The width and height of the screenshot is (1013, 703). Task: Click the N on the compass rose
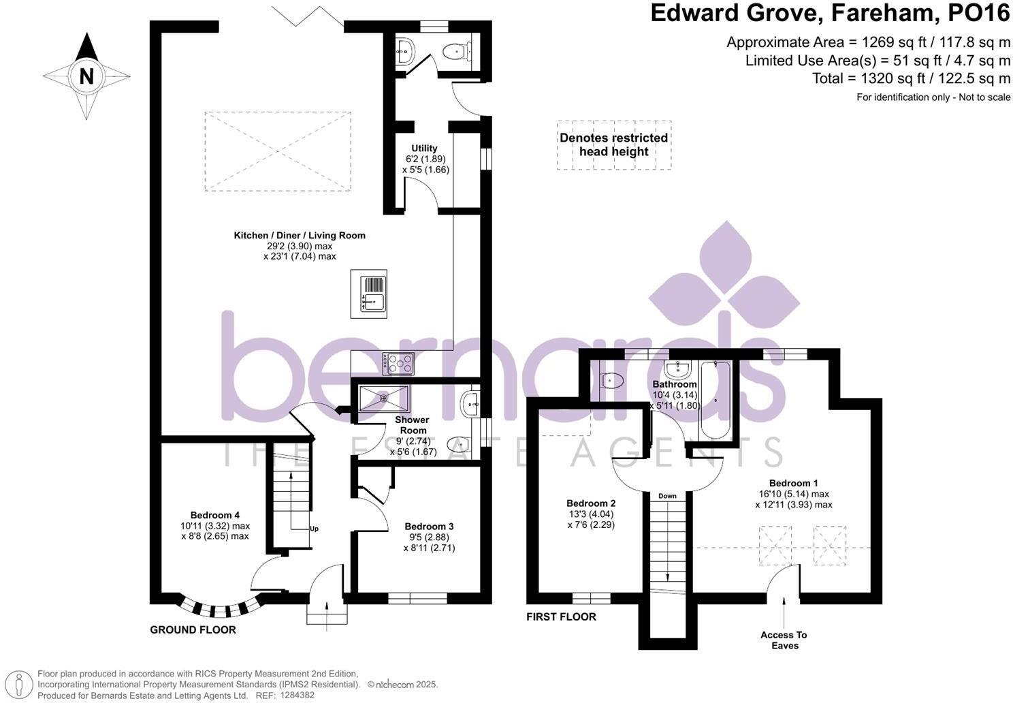pos(86,76)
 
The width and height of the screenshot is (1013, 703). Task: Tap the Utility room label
pos(424,149)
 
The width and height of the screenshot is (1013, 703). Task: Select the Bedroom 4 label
pos(215,515)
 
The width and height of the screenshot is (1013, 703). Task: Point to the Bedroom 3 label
pos(429,526)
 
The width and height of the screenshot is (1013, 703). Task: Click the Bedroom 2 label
pos(591,503)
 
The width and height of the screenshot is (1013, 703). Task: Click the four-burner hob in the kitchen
pos(398,364)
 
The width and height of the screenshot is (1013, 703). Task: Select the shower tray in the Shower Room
pos(383,398)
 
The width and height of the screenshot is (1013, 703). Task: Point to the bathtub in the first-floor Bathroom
pos(715,400)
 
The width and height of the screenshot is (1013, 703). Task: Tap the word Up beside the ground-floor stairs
pos(314,529)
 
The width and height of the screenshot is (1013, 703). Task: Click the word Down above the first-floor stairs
pos(667,496)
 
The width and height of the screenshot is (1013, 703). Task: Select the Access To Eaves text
pos(784,640)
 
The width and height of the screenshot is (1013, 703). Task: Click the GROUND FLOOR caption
pos(193,629)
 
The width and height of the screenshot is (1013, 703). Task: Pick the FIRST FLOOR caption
pos(561,616)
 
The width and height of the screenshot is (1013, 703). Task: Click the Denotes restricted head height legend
pos(613,145)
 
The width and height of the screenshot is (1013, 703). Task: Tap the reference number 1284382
pos(297,696)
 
